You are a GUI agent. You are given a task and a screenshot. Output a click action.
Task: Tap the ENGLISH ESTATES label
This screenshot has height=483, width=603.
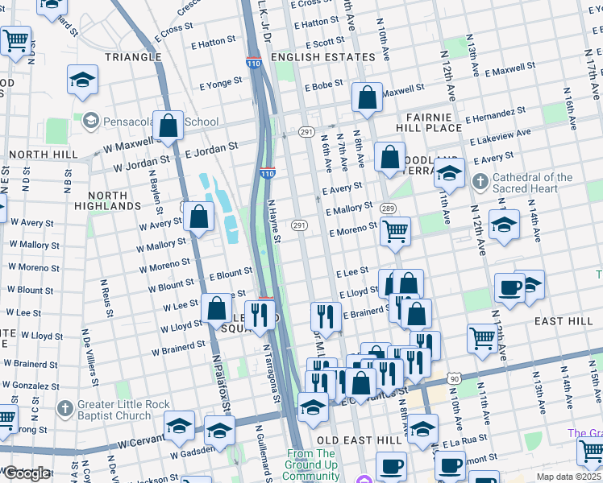click(x=323, y=57)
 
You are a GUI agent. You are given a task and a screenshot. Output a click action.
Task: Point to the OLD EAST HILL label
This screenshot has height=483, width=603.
click(x=356, y=440)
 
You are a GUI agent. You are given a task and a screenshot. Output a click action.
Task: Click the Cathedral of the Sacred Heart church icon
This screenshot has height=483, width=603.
click(x=480, y=179)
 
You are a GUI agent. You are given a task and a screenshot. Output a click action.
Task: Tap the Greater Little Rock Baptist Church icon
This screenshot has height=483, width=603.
click(x=67, y=405)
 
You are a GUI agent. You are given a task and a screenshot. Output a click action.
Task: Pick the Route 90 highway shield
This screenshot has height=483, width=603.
click(x=455, y=378)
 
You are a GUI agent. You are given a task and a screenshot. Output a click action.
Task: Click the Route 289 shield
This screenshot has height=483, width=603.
click(x=387, y=208)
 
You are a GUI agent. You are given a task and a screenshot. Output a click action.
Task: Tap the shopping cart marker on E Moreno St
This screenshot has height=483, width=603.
click(x=395, y=232)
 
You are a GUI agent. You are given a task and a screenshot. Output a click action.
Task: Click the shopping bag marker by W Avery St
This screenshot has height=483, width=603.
click(x=198, y=217)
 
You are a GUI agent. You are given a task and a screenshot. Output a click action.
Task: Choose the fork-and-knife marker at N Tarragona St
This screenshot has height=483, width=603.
click(x=259, y=315)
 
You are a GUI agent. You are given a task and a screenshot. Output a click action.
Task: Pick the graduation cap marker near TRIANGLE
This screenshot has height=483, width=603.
click(x=81, y=81)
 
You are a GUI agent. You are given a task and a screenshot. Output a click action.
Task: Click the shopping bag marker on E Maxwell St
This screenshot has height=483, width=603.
click(x=367, y=97)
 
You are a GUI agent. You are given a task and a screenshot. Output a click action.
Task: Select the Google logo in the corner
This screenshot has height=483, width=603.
click(x=26, y=473)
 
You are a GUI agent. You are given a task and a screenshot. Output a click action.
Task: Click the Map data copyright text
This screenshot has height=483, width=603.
click(x=569, y=477)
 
